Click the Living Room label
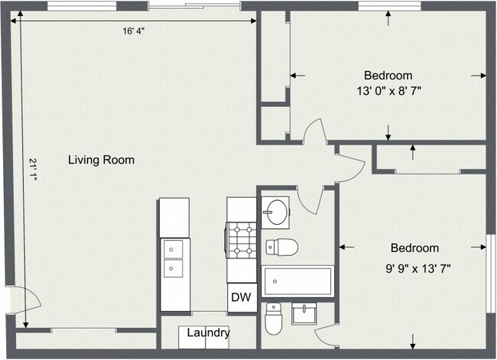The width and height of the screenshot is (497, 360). [101, 160]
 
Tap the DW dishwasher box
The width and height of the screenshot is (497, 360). [242, 297]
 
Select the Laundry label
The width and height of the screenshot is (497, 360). [208, 332]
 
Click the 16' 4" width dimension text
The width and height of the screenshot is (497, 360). [134, 31]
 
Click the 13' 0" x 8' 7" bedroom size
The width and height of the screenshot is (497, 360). [388, 91]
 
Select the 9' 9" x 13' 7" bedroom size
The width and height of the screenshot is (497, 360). [418, 269]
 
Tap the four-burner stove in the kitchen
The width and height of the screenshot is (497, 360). [241, 239]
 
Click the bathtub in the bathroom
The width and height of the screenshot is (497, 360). [297, 281]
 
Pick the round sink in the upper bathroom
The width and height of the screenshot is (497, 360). [275, 212]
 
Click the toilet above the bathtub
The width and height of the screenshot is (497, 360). [282, 247]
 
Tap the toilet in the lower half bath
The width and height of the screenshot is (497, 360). [274, 319]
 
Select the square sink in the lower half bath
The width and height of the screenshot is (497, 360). [304, 313]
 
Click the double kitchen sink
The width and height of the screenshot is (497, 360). [173, 258]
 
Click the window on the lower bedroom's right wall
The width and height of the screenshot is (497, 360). [491, 274]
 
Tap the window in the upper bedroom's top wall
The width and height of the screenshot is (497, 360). [389, 6]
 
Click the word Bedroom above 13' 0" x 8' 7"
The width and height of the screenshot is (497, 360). [388, 76]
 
